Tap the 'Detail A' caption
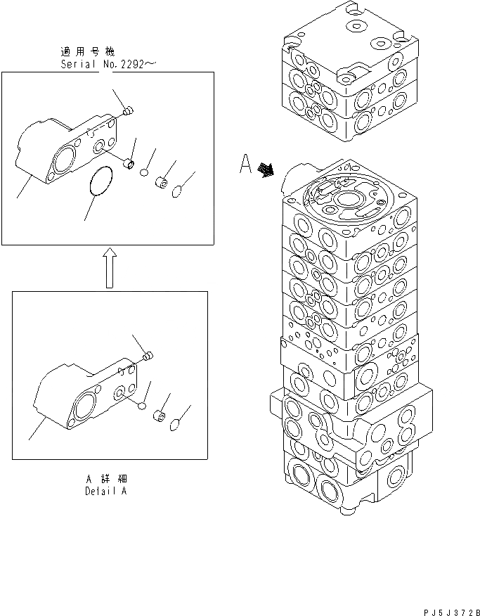(x=105, y=492)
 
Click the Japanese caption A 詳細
(x=105, y=479)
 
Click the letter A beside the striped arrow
(x=245, y=165)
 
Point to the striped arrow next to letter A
(x=266, y=169)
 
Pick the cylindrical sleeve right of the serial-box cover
(x=129, y=164)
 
